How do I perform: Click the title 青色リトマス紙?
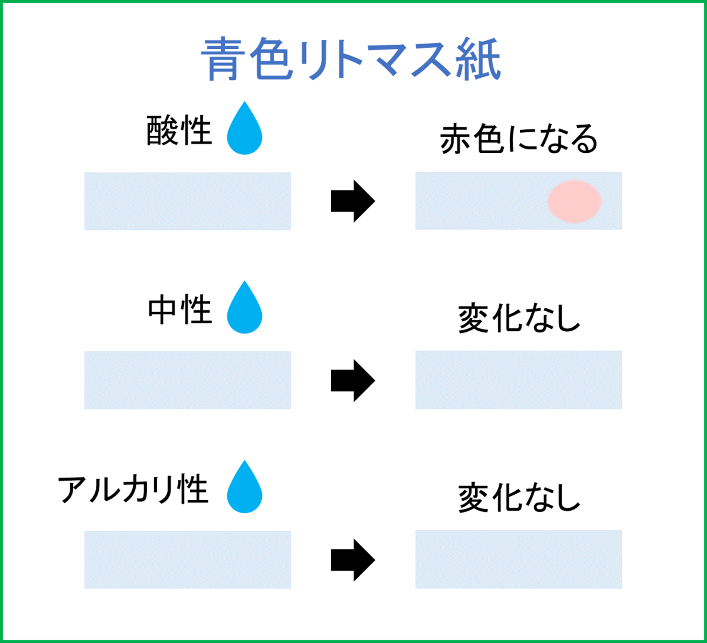pyautogui.click(x=351, y=59)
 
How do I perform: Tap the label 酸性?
pyautogui.click(x=179, y=131)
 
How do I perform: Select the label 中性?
pyautogui.click(x=180, y=310)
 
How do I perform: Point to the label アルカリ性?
pyautogui.click(x=133, y=489)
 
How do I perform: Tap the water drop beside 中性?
pyautogui.click(x=244, y=310)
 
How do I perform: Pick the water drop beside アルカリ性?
pyautogui.click(x=244, y=489)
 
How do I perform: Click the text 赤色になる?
pyautogui.click(x=518, y=139)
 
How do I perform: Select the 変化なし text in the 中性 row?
pyautogui.click(x=519, y=319)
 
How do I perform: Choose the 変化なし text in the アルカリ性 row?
pyautogui.click(x=519, y=498)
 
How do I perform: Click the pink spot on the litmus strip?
pyautogui.click(x=574, y=201)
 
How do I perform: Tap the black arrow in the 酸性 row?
pyautogui.click(x=353, y=201)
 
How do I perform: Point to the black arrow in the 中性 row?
pyautogui.click(x=353, y=380)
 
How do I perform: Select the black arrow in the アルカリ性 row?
pyautogui.click(x=353, y=560)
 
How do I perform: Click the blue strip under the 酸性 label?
pyautogui.click(x=187, y=201)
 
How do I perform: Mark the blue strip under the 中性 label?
pyautogui.click(x=187, y=380)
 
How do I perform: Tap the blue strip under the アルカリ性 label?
pyautogui.click(x=187, y=559)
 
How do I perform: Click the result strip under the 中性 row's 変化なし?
pyautogui.click(x=518, y=380)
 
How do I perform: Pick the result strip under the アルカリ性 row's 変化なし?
pyautogui.click(x=518, y=559)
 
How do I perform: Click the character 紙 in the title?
pyautogui.click(x=478, y=59)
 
